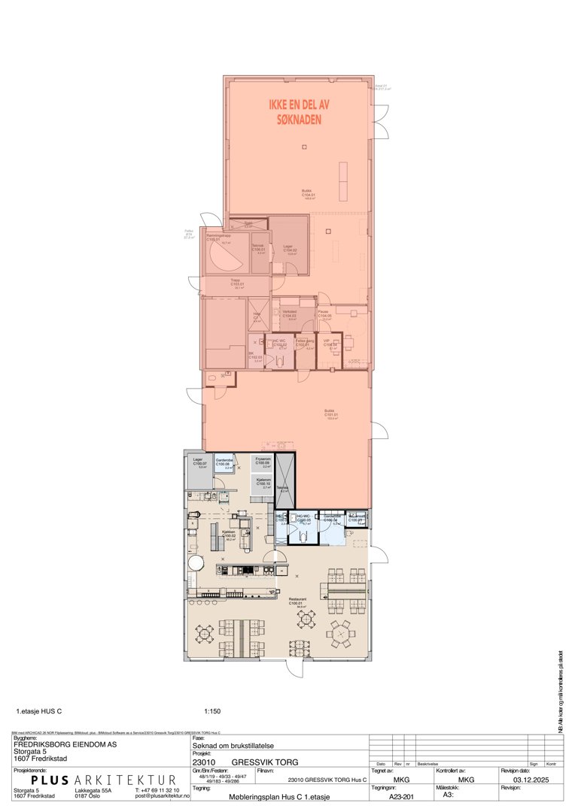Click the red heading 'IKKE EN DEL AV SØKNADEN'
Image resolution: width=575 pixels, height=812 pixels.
pos(300,112)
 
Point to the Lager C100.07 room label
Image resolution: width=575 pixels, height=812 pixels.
pos(199,462)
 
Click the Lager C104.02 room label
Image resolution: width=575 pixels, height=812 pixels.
pos(290,250)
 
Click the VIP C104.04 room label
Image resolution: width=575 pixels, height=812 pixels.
pos(329,344)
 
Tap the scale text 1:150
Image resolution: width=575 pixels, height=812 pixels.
pos(212,710)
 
